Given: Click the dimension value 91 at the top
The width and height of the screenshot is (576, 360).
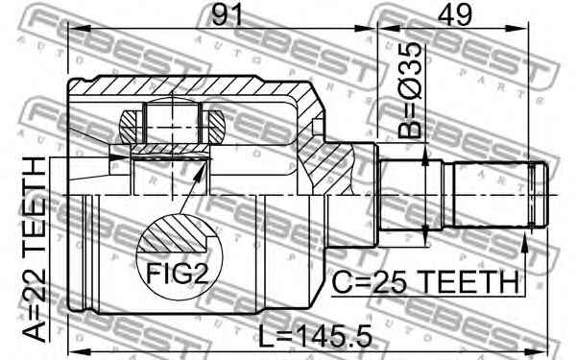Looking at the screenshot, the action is (x=228, y=15).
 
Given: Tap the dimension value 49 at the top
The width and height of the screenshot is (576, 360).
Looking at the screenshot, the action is (x=455, y=15).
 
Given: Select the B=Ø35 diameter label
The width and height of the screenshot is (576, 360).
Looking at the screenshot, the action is (x=410, y=89).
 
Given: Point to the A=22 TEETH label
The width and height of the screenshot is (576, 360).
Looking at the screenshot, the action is (x=35, y=250).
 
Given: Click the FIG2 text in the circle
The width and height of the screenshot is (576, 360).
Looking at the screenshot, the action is (x=178, y=273).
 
